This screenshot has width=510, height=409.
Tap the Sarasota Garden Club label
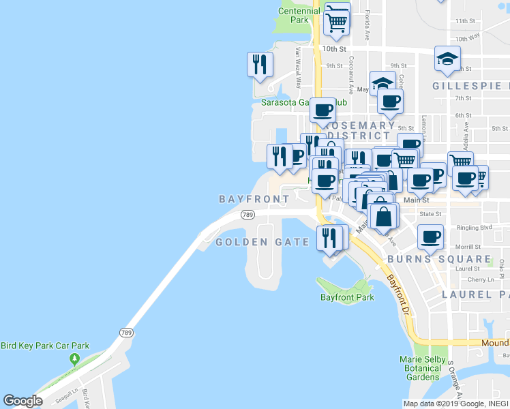(x=304, y=104)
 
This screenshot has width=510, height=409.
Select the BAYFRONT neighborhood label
(x=254, y=199)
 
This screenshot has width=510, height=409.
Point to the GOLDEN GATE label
(x=262, y=243)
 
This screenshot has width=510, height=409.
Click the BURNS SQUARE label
(x=439, y=260)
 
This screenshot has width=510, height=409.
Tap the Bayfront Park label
(x=347, y=298)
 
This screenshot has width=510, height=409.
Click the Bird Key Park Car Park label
(x=45, y=346)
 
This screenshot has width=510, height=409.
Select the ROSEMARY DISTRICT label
(x=360, y=130)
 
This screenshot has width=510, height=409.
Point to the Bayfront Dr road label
(x=400, y=294)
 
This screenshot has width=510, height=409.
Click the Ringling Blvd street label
(x=476, y=227)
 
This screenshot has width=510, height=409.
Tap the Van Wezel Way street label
(x=298, y=67)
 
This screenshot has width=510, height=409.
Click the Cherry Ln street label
(x=481, y=280)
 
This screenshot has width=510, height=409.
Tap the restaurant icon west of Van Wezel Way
(x=260, y=65)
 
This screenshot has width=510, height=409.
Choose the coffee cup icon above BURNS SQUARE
(x=430, y=237)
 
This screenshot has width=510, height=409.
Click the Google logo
(x=23, y=401)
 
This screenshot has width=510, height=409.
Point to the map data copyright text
(x=455, y=404)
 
